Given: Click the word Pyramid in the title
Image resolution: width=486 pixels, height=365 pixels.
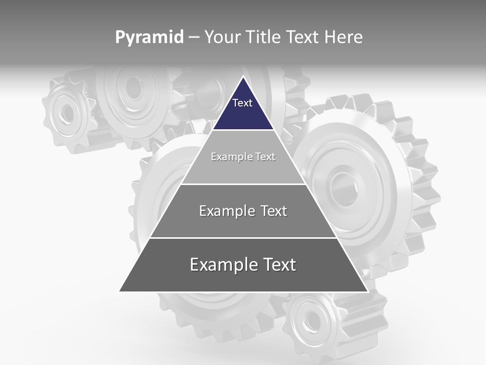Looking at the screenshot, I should [x=149, y=38].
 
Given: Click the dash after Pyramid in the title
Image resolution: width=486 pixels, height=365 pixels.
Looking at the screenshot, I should [x=193, y=38].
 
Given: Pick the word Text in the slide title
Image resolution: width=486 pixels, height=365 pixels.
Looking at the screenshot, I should [x=305, y=38].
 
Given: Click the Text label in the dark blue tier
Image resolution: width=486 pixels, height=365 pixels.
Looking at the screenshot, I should [x=242, y=103].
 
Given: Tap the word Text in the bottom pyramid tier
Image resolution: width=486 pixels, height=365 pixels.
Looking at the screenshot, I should [x=279, y=265].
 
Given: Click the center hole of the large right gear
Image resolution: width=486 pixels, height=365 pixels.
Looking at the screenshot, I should [x=345, y=188].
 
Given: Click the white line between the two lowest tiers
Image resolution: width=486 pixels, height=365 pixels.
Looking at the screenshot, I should [x=243, y=238].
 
